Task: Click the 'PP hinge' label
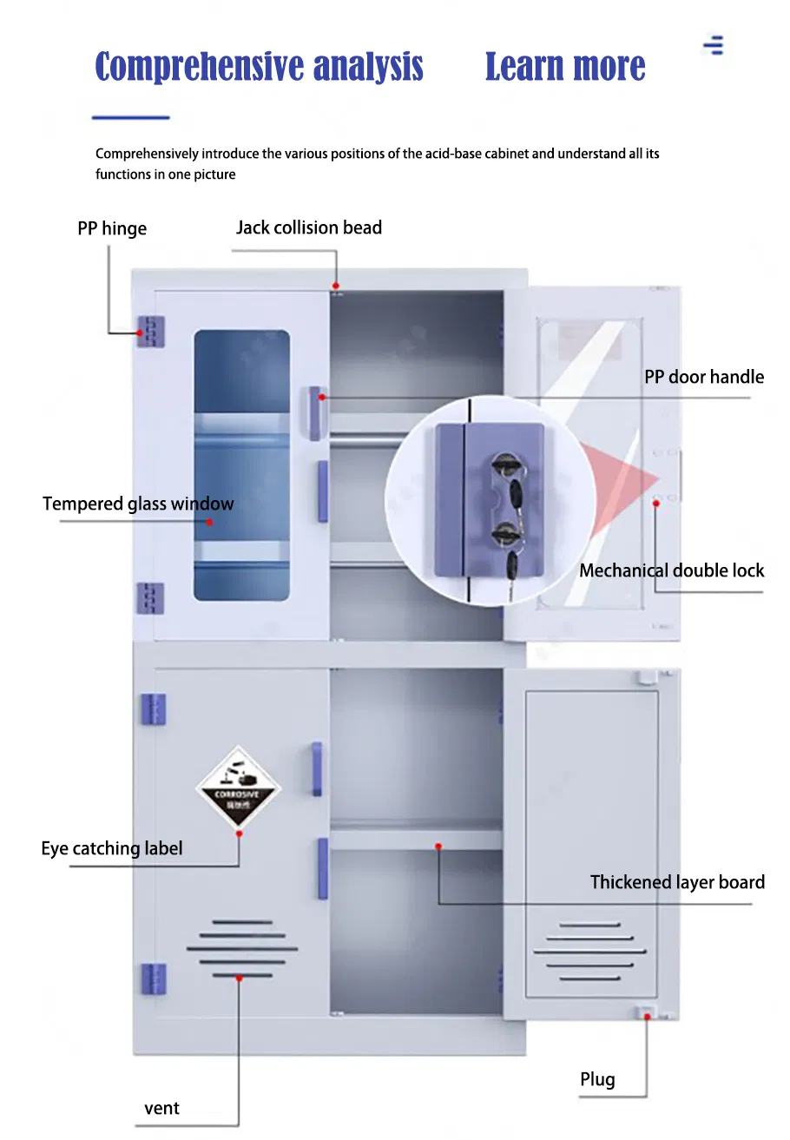[112, 228]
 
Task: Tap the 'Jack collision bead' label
[308, 227]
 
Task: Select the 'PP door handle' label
[704, 377]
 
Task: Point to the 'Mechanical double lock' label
[671, 570]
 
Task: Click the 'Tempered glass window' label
[138, 504]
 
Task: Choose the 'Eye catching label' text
[111, 848]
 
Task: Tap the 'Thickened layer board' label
[677, 882]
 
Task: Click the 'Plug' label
[597, 1079]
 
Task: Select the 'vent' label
[161, 1109]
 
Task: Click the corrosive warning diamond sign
[238, 787]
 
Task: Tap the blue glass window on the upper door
[242, 465]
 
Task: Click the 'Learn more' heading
[565, 66]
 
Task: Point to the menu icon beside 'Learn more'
[713, 45]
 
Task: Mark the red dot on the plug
[647, 1017]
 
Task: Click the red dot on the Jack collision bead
[335, 286]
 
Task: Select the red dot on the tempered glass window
[209, 522]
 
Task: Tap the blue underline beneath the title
[131, 117]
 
